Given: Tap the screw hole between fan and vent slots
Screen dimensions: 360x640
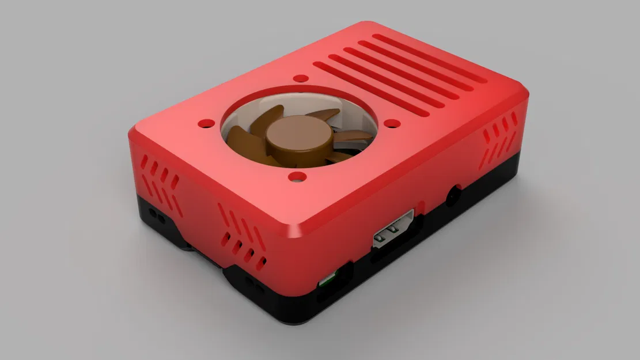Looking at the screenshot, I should coord(299,78).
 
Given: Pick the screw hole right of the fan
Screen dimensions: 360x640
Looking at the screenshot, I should coord(392,123).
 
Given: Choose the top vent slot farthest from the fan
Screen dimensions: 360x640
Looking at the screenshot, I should coord(429,58).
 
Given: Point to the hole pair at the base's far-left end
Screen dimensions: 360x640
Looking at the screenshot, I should coord(154,214).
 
